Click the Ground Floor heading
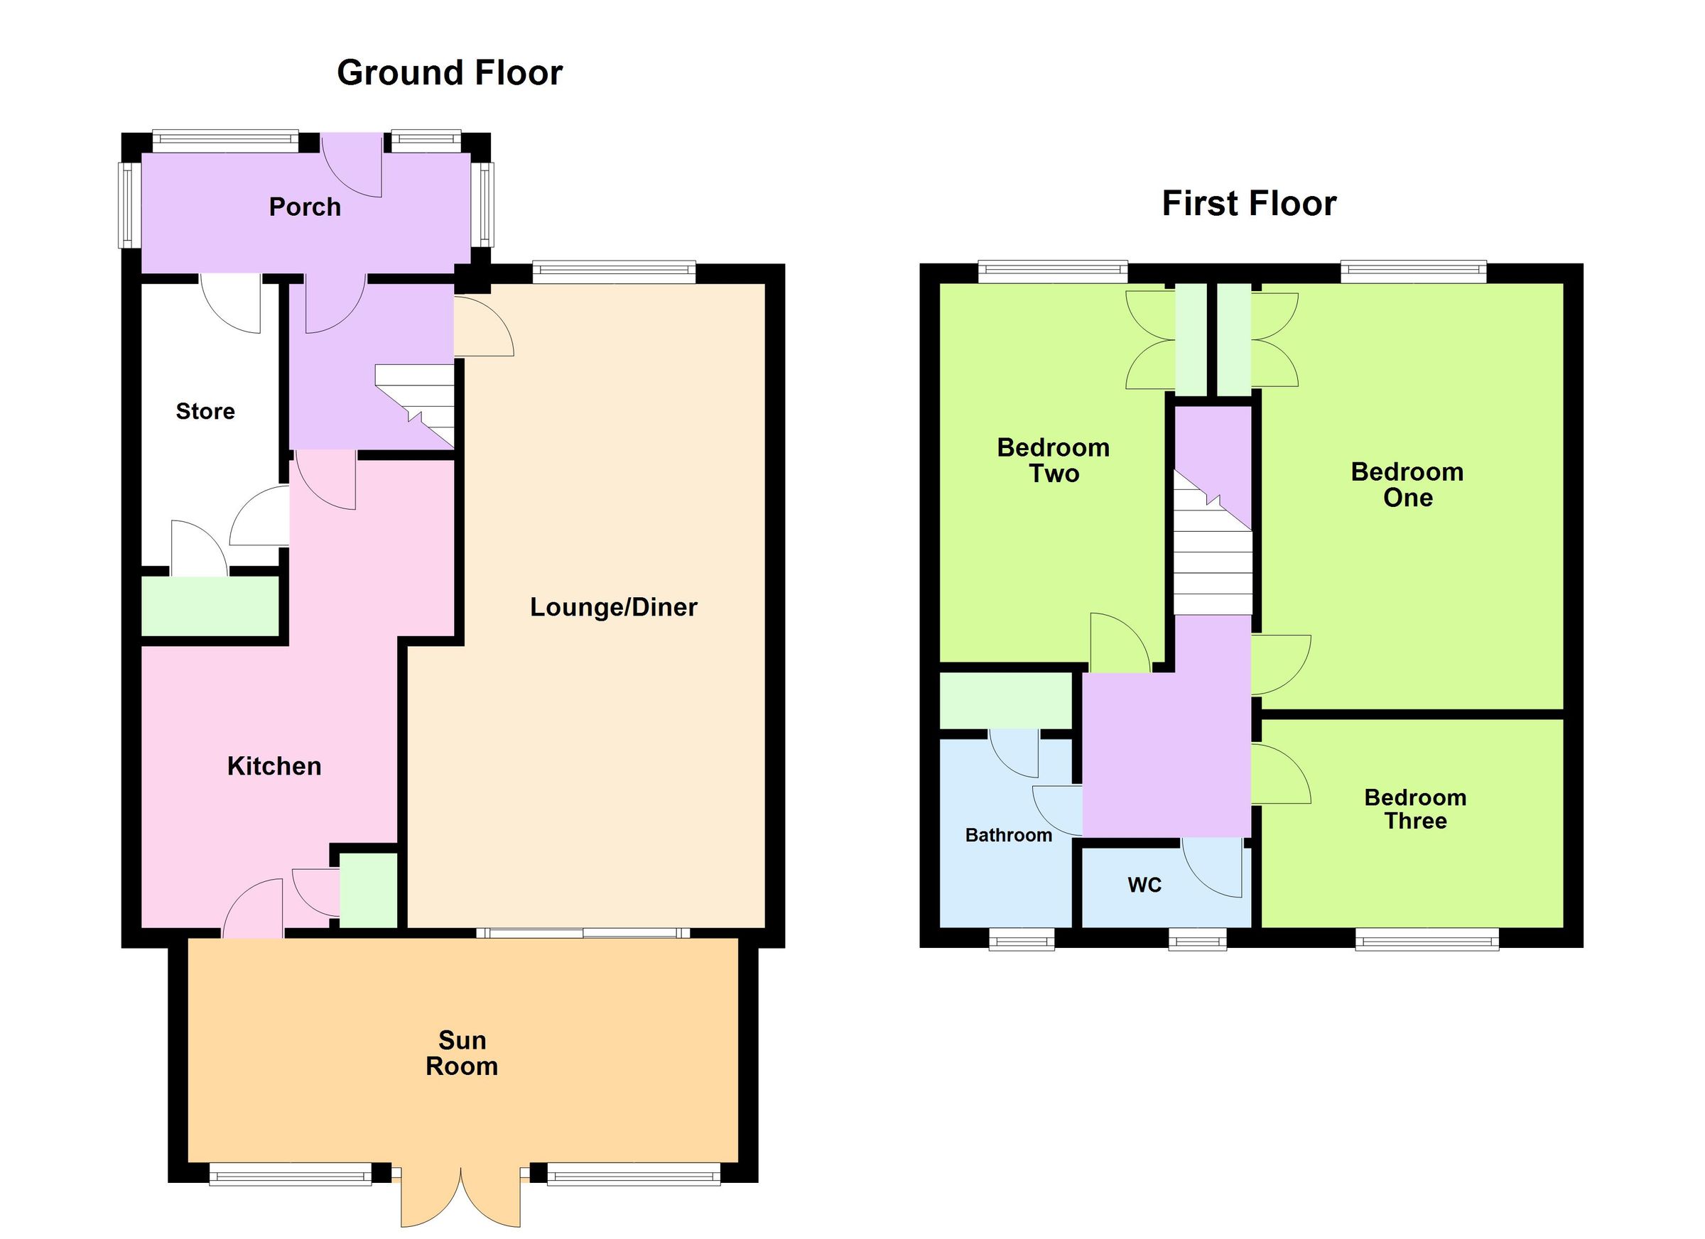click(450, 74)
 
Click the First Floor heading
click(1249, 204)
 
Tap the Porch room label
click(305, 207)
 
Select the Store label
click(205, 412)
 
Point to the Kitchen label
click(274, 766)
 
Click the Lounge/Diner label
click(613, 607)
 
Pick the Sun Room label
click(462, 1054)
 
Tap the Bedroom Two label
click(1054, 461)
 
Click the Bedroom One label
click(1407, 485)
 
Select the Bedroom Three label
click(1415, 809)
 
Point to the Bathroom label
click(1008, 836)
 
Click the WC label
click(1144, 885)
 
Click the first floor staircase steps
click(1212, 571)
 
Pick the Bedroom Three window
click(1426, 940)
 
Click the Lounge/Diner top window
click(613, 271)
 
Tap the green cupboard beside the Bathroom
click(1006, 701)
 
